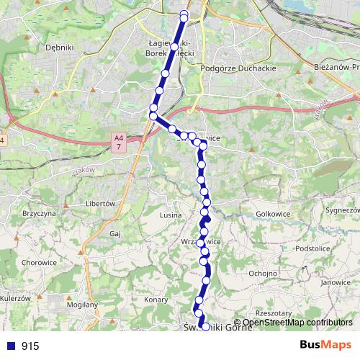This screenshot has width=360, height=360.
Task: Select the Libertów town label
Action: tap(101, 204)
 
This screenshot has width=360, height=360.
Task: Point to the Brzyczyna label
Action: tap(40, 214)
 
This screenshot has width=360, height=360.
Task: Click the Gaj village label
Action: tap(114, 234)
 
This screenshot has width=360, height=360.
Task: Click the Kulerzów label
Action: tap(14, 298)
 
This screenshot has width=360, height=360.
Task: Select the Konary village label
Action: tap(156, 299)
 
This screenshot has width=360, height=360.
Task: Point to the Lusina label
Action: tap(171, 215)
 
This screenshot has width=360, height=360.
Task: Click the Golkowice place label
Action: tap(273, 215)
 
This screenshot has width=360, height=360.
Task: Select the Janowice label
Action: tap(336, 283)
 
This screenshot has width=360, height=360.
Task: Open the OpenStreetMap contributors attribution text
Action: tap(297, 323)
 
